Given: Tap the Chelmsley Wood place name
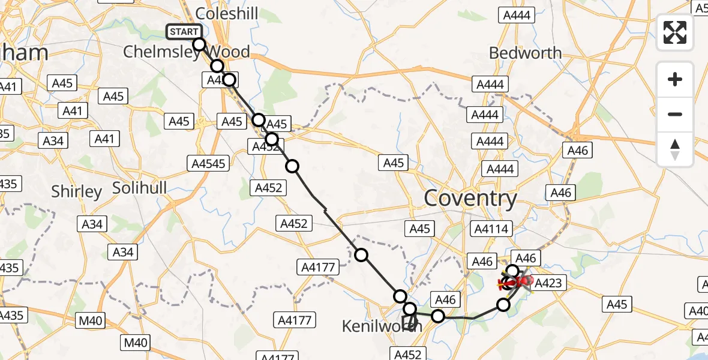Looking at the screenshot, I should pyautogui.click(x=186, y=52).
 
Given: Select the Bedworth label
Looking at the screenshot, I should pyautogui.click(x=525, y=53).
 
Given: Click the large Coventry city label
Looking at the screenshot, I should pyautogui.click(x=470, y=199).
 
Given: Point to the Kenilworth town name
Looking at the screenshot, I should pyautogui.click(x=382, y=326).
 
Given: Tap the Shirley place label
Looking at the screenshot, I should pyautogui.click(x=76, y=191).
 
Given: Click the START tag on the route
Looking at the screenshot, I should pyautogui.click(x=184, y=32).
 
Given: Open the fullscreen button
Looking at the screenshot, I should pyautogui.click(x=675, y=32).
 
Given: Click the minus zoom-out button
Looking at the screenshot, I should pyautogui.click(x=675, y=114).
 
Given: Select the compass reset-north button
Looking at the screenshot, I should pyautogui.click(x=675, y=149).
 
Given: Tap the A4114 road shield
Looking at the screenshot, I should pyautogui.click(x=491, y=229).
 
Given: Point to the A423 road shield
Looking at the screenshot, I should pyautogui.click(x=548, y=283).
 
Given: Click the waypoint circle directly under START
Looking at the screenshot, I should pyautogui.click(x=199, y=44).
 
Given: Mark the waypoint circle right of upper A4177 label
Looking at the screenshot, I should pyautogui.click(x=361, y=255).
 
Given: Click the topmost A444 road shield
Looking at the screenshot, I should pyautogui.click(x=516, y=16).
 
